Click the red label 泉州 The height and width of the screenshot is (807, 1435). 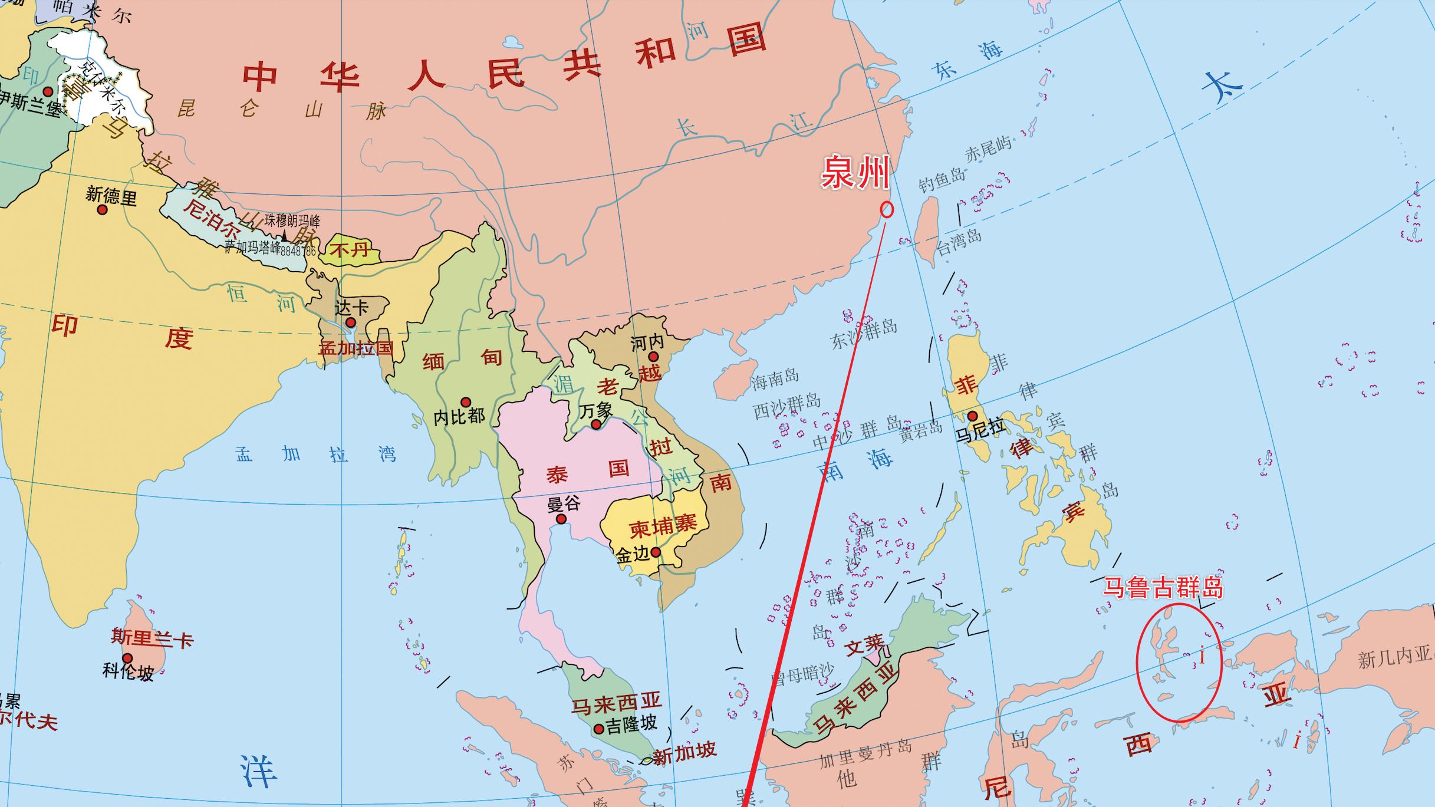(855, 173)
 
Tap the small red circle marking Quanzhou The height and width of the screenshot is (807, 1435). (887, 209)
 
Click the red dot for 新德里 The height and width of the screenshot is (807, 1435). (103, 209)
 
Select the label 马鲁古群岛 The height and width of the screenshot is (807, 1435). (1163, 588)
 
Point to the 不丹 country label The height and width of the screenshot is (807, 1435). (350, 250)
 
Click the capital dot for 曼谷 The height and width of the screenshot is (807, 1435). (561, 519)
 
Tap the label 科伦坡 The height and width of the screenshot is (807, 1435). (128, 671)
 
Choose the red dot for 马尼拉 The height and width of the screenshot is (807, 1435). (972, 416)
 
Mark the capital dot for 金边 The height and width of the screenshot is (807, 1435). (656, 552)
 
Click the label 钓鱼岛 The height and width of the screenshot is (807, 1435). (942, 179)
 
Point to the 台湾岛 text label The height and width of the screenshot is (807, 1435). (959, 242)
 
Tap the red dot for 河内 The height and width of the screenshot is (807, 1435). (653, 357)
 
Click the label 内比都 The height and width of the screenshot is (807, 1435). (459, 417)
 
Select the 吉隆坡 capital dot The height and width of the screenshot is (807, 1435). (599, 729)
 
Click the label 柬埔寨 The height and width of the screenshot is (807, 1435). (663, 525)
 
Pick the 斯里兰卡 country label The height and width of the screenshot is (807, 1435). (152, 638)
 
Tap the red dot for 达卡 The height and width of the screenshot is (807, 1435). (350, 322)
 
